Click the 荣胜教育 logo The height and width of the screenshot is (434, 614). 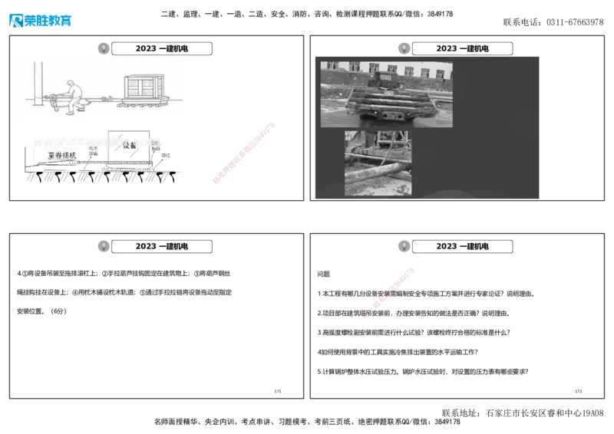(x=40, y=21)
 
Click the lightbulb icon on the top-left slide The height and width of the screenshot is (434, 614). (x=101, y=48)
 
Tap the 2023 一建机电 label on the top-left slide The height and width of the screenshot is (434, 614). (x=162, y=49)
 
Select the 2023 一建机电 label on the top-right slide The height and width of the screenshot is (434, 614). (x=463, y=49)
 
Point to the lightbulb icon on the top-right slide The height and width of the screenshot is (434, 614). (x=401, y=48)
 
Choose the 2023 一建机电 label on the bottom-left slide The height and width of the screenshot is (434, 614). (x=162, y=247)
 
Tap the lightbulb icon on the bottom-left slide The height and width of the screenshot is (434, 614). (x=101, y=246)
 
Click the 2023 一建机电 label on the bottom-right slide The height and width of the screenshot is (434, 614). (x=463, y=247)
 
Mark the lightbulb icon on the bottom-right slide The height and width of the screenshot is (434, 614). (x=401, y=246)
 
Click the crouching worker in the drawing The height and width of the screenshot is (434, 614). (x=71, y=97)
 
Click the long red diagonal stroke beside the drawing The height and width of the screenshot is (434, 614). (x=243, y=153)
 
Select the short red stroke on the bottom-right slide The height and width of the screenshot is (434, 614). (x=391, y=290)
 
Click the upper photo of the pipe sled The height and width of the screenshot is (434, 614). (x=386, y=94)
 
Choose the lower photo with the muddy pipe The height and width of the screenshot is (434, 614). (x=378, y=163)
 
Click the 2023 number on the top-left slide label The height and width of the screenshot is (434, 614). (x=145, y=49)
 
